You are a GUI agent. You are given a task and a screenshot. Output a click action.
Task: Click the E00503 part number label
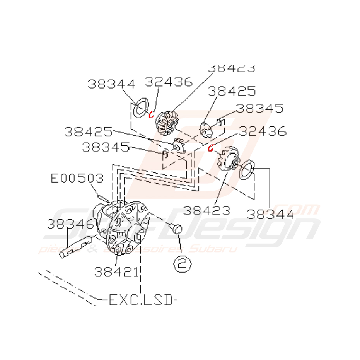point(77,178)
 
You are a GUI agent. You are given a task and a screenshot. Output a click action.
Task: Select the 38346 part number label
point(71,224)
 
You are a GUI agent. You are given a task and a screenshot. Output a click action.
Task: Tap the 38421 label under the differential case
point(116,272)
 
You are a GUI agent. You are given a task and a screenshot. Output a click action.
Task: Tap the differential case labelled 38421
point(124,230)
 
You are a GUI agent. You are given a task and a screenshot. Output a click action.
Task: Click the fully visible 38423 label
point(206,211)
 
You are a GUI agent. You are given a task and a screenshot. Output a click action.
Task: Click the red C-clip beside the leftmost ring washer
point(152,114)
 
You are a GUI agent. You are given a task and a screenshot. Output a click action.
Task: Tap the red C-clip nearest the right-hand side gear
point(211,147)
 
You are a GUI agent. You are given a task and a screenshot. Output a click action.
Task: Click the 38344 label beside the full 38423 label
point(270,214)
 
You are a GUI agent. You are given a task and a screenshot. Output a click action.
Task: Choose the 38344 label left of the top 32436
point(111,84)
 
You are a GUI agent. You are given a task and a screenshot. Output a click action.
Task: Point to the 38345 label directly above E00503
point(105,147)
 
